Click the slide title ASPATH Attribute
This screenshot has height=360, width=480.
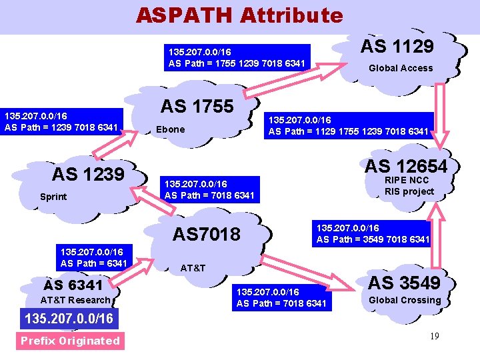[239, 15]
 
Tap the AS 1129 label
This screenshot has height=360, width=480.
[397, 46]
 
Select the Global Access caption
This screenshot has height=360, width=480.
[401, 68]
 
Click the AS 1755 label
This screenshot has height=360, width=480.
[197, 106]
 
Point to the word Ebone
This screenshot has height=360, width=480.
[170, 129]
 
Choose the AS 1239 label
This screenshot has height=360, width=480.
[88, 174]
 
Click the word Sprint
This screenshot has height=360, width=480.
[53, 197]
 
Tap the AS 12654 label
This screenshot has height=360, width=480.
[406, 165]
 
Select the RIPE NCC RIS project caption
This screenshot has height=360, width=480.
[409, 186]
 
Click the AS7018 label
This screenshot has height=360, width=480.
[206, 234]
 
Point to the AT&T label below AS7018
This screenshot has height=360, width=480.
[193, 268]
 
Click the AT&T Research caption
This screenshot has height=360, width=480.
[75, 300]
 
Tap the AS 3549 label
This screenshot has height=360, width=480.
[405, 283]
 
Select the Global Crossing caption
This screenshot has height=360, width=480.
[405, 300]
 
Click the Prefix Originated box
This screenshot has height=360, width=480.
[69, 341]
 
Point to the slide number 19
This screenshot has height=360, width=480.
[434, 336]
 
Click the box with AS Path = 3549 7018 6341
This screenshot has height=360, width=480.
[373, 233]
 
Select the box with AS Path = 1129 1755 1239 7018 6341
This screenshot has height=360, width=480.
[348, 125]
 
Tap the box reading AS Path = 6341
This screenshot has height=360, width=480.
[93, 257]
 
